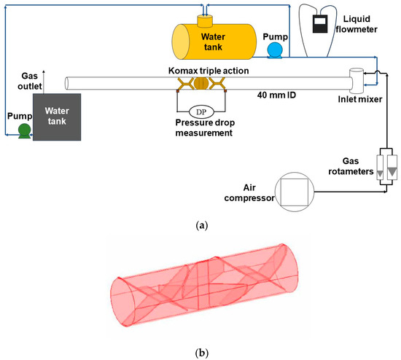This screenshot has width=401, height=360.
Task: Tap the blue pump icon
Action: (276, 50)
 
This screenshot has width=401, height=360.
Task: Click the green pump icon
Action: (25, 130)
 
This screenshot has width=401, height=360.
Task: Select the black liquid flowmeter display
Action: (320, 26)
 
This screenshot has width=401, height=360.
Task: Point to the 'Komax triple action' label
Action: (200, 69)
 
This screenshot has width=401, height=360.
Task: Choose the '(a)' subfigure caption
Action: (200, 227)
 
